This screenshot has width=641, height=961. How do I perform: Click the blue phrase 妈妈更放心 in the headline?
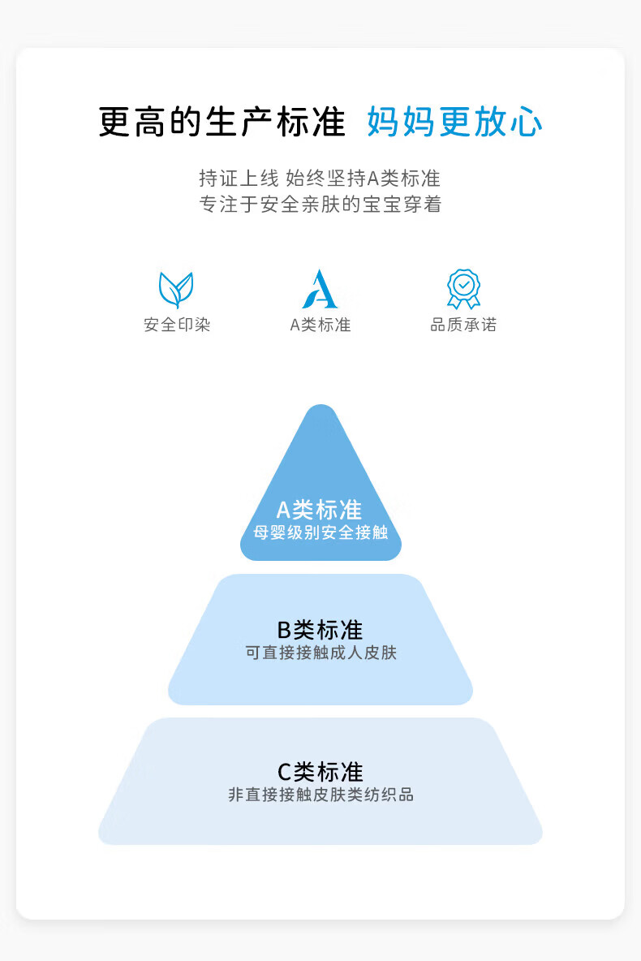(x=454, y=123)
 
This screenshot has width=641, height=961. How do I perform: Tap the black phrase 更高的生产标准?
(x=222, y=123)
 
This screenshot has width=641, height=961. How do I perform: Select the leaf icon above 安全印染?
(x=176, y=290)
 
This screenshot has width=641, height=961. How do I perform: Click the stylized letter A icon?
(x=320, y=290)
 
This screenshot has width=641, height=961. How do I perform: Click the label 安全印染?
(x=177, y=325)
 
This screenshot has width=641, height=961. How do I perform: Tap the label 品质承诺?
(x=463, y=325)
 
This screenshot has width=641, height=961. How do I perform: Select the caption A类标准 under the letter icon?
(x=320, y=325)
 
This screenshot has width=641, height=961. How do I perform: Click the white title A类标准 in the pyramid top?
(x=320, y=510)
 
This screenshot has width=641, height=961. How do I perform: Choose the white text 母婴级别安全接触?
(x=320, y=533)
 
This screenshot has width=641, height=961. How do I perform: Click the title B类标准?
(x=320, y=629)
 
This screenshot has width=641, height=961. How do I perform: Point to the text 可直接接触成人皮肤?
(x=320, y=653)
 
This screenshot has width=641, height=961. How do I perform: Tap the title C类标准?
(x=320, y=771)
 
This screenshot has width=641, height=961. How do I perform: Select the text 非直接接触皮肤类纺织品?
(x=320, y=795)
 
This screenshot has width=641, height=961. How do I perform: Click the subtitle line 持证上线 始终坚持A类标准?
(x=320, y=178)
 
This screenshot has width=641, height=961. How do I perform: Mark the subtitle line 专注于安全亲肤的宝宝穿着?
(x=320, y=205)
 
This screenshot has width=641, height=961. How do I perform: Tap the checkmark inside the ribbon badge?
(x=463, y=284)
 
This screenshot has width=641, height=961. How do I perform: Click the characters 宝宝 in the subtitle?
(x=384, y=205)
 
